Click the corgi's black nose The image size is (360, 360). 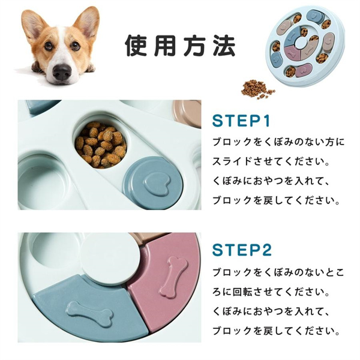click(62, 71)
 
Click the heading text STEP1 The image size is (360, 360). click(241, 121)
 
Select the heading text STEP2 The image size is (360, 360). click(242, 250)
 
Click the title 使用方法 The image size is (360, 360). click(180, 45)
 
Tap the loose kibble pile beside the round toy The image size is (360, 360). click(257, 89)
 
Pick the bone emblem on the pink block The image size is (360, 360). click(173, 277)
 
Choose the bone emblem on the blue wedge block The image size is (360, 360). click(89, 314)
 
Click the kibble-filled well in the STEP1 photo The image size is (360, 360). click(101, 145)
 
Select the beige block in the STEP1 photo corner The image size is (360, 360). click(187, 113)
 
